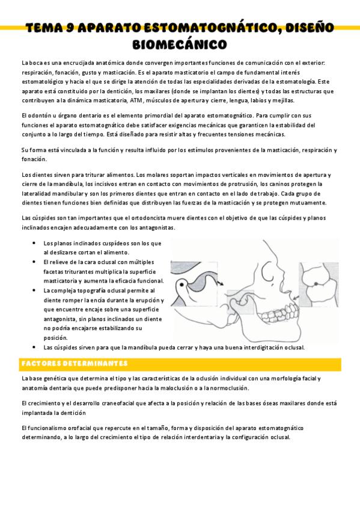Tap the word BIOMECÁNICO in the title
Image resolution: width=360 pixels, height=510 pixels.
[x=180, y=45]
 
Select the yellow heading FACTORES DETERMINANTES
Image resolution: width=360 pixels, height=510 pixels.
[x=74, y=364]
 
